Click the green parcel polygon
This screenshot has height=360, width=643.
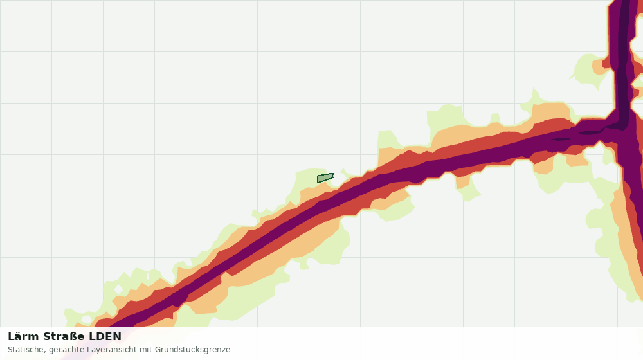325,178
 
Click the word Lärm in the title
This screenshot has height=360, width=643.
24,336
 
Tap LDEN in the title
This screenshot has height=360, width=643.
105,336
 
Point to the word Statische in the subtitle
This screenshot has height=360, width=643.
26,349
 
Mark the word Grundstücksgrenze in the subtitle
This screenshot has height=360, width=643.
192,350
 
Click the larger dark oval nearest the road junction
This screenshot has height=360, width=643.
591,132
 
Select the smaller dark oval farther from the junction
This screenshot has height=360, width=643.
561,139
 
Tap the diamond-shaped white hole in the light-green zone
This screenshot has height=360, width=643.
118,289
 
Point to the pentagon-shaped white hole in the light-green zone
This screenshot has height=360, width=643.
86,319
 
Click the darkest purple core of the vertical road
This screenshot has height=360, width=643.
624,62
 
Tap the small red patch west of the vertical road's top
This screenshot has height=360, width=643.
607,64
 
